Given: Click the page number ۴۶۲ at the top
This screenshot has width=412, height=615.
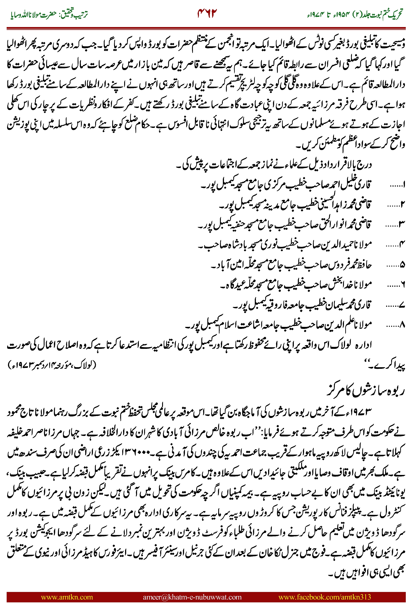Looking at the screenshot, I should [x=207, y=13].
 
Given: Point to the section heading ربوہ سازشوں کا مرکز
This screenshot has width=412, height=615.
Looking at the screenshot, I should [x=365, y=390].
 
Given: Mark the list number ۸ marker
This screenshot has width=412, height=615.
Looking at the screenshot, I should [x=402, y=325].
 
